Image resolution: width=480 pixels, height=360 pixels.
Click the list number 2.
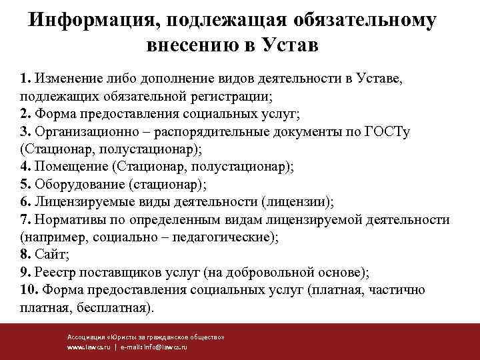24,113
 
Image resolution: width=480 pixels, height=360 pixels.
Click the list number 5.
24,184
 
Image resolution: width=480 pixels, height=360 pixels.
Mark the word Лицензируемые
77,202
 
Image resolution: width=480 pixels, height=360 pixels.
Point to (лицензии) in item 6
297,202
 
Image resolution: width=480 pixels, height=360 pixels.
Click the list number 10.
28,290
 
